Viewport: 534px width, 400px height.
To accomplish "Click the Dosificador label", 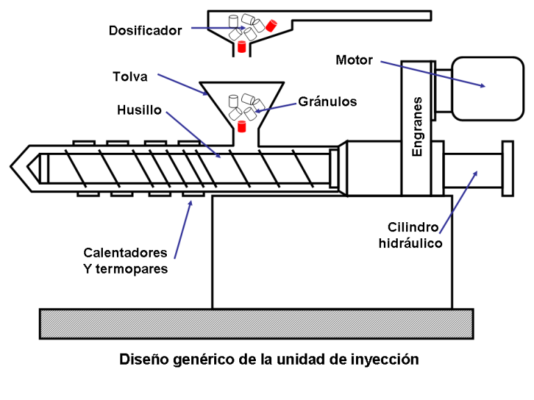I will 145,31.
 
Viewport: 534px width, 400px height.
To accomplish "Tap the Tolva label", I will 130,77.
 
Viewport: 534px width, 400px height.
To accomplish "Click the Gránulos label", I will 327,101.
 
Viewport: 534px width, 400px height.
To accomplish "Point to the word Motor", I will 354,60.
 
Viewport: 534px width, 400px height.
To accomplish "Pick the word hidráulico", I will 411,243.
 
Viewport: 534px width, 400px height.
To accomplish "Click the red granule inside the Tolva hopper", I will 242,126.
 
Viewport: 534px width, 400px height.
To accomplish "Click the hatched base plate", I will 257,324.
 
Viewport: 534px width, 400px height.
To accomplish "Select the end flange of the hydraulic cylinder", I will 508,167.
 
